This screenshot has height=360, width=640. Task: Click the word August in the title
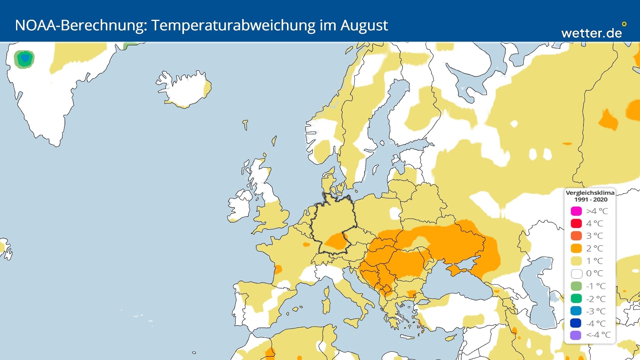[364, 26]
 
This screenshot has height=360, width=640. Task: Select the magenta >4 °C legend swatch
[576, 211]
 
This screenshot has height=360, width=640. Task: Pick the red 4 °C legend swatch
[576, 223]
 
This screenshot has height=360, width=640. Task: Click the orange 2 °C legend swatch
[576, 248]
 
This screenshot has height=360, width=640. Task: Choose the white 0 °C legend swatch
[576, 273]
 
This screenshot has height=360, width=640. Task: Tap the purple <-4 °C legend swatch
[576, 335]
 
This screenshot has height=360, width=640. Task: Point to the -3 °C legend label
[596, 311]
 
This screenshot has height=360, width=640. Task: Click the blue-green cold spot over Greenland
[24, 59]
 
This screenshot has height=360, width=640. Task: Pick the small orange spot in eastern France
[306, 244]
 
